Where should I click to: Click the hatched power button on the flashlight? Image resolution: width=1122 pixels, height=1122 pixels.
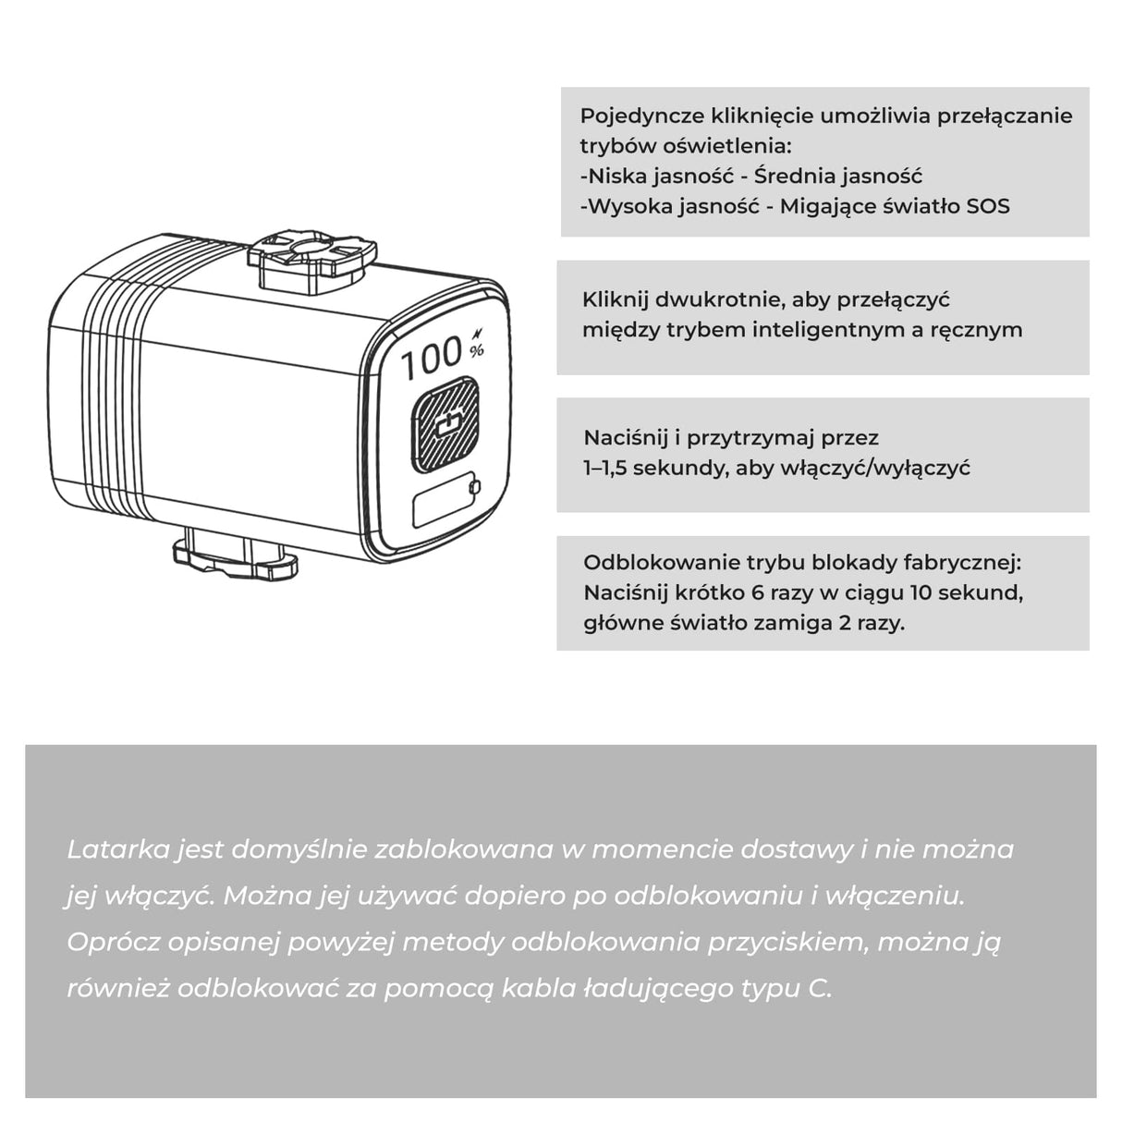click(x=445, y=424)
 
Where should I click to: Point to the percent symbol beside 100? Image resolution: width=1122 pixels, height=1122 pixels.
click(x=477, y=350)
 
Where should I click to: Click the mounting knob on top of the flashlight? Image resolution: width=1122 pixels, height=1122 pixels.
click(x=312, y=259)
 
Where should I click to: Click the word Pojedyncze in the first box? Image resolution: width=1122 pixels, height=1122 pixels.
click(x=642, y=116)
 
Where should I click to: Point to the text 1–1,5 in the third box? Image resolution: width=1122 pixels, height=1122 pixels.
click(x=605, y=469)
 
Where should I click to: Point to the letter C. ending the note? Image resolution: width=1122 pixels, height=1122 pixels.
click(x=821, y=988)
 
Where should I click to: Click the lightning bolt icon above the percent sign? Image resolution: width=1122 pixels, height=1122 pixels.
click(x=479, y=334)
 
